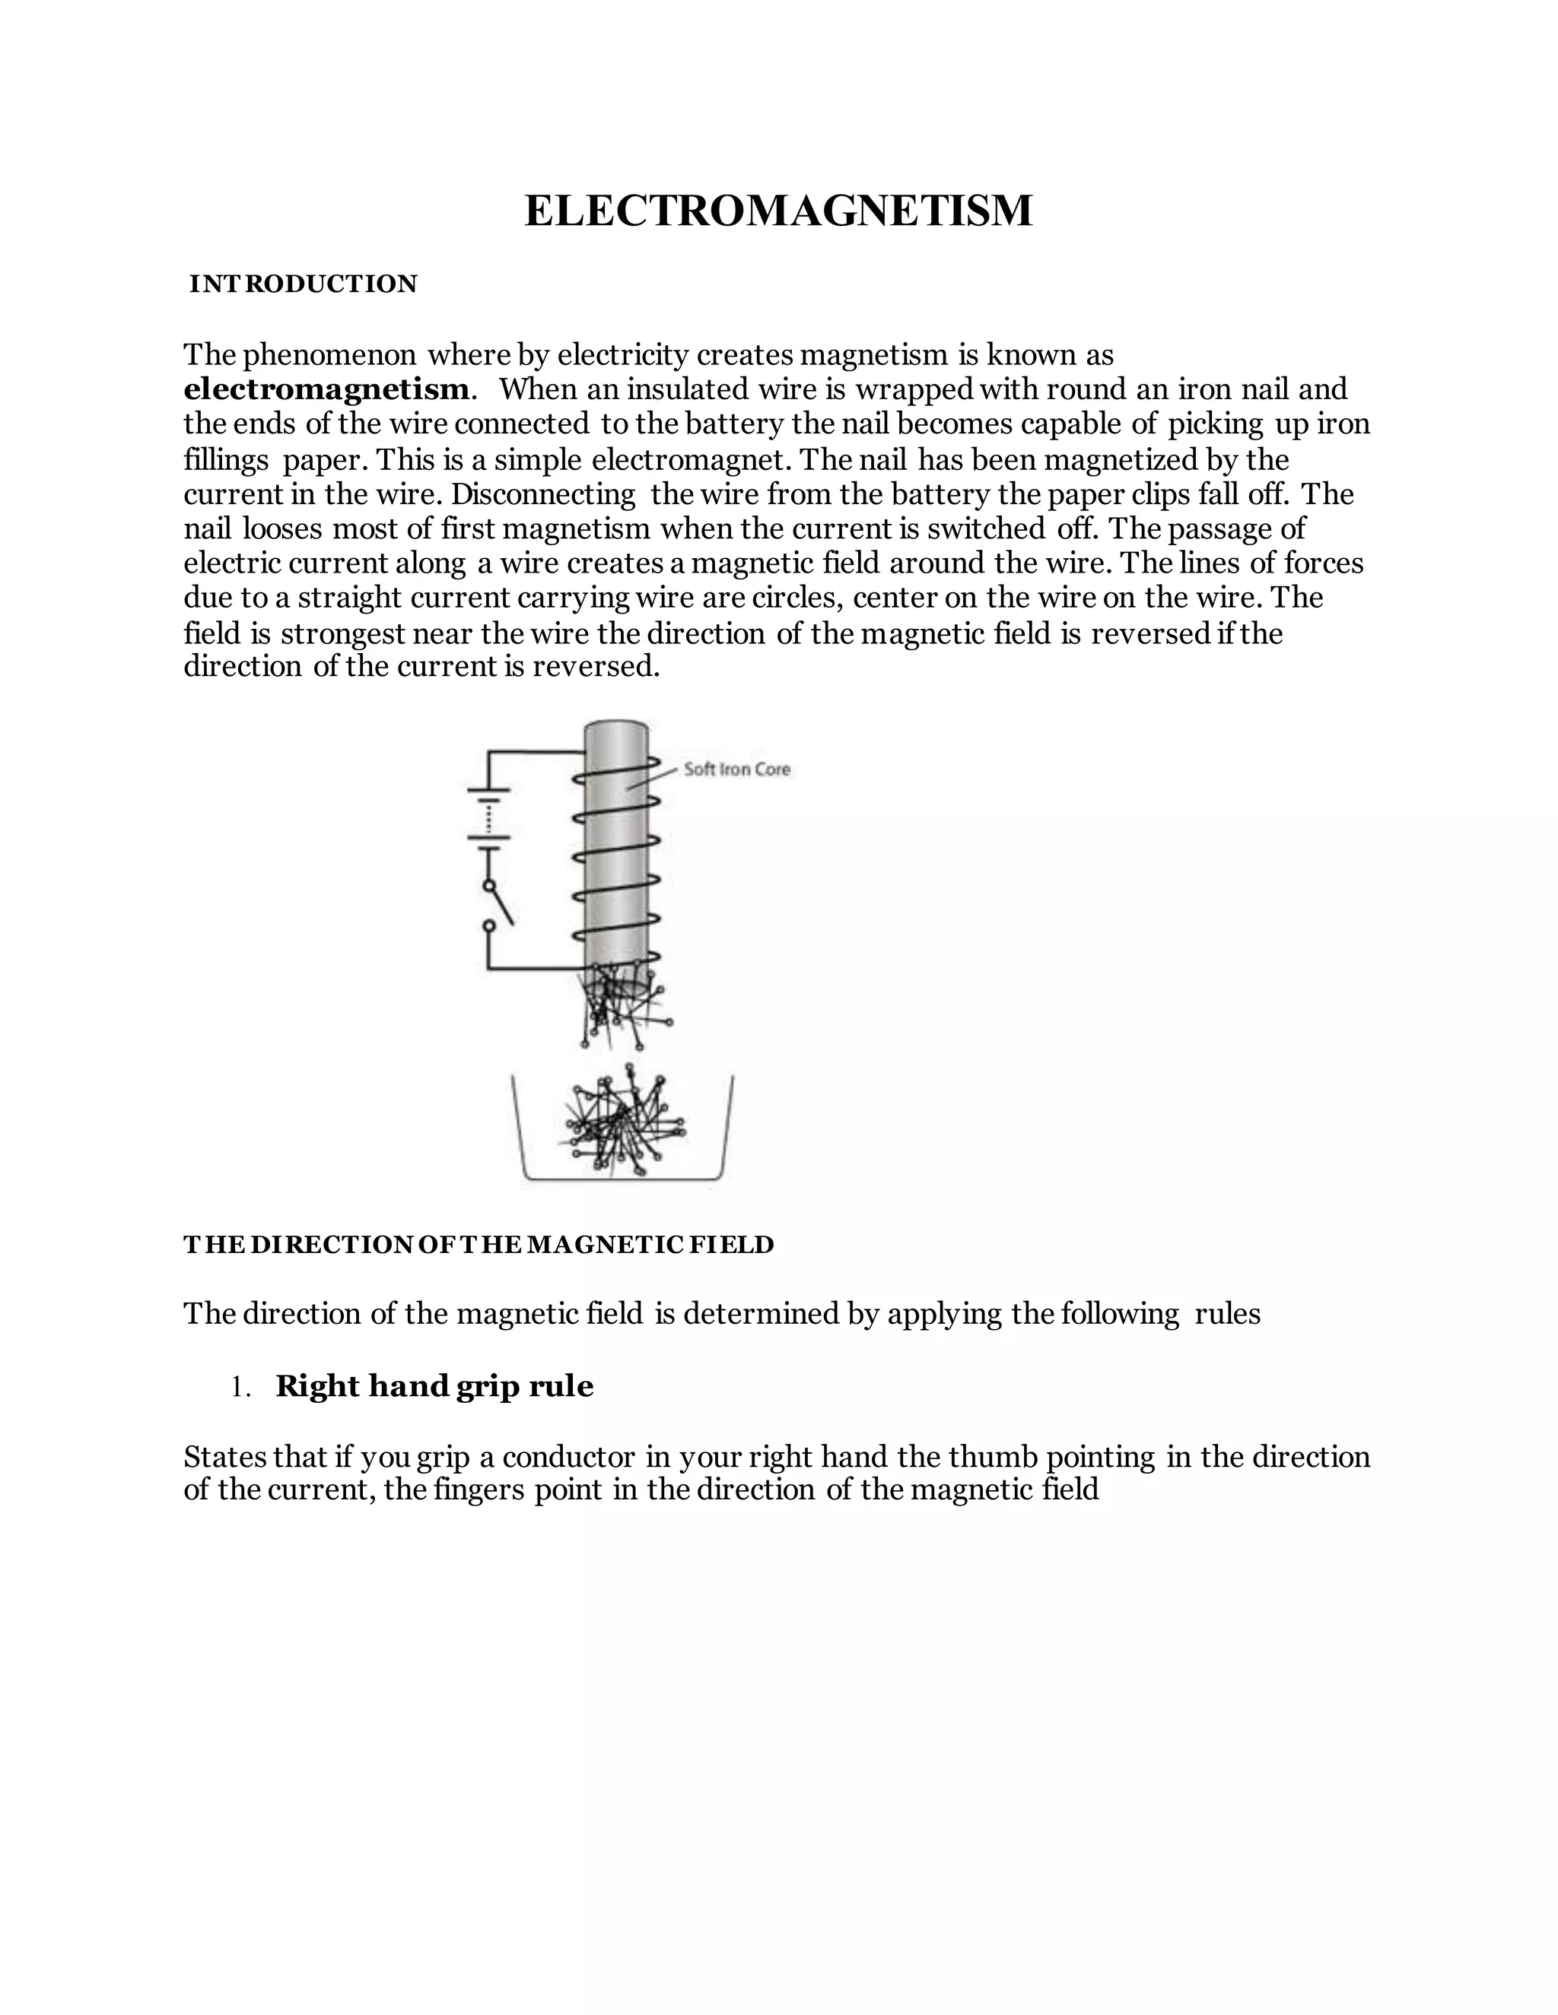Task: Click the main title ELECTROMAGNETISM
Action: pyautogui.click(x=778, y=211)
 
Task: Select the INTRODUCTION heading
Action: pyautogui.click(x=303, y=284)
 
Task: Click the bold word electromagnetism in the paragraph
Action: pyautogui.click(x=326, y=389)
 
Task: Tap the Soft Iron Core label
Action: pyautogui.click(x=736, y=770)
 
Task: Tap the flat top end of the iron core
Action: pyautogui.click(x=615, y=728)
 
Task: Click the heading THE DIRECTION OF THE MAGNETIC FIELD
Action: pyautogui.click(x=478, y=1245)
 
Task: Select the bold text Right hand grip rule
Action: pyautogui.click(x=434, y=1385)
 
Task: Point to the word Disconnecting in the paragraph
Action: pyautogui.click(x=542, y=494)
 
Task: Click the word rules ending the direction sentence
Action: pyautogui.click(x=1226, y=1313)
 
